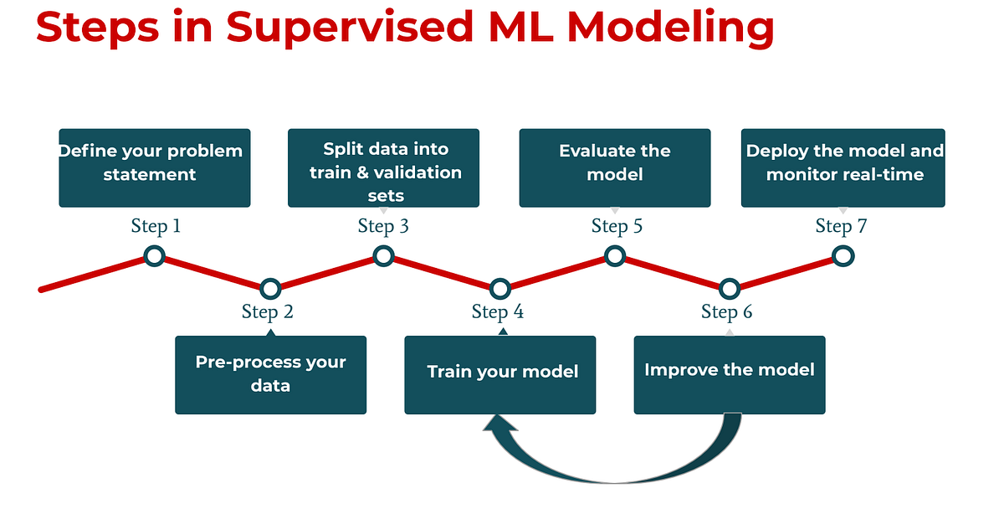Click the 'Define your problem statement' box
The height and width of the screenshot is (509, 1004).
(x=154, y=167)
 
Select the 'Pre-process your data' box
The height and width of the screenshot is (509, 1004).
(x=270, y=374)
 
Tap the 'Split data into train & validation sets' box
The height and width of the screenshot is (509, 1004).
(x=383, y=167)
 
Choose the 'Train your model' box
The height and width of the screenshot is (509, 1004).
(x=499, y=374)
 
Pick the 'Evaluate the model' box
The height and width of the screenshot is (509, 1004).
(x=615, y=167)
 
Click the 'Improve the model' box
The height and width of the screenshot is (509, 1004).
(x=730, y=374)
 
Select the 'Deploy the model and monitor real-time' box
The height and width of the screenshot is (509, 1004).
(x=843, y=167)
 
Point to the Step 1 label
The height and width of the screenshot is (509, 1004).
(x=156, y=226)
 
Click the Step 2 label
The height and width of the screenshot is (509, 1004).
(x=268, y=312)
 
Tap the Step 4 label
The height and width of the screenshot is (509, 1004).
(x=498, y=312)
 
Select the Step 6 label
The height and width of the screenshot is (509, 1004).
(x=727, y=312)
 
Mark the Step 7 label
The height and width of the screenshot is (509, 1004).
(x=841, y=226)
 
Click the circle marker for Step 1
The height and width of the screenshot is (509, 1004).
(x=154, y=256)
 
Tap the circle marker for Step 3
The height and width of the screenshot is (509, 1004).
(x=383, y=256)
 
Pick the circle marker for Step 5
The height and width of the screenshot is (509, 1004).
(x=615, y=256)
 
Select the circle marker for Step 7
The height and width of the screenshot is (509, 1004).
(x=843, y=256)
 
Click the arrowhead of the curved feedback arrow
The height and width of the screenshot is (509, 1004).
(x=499, y=429)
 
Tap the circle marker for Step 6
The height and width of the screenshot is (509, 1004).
(x=730, y=289)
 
